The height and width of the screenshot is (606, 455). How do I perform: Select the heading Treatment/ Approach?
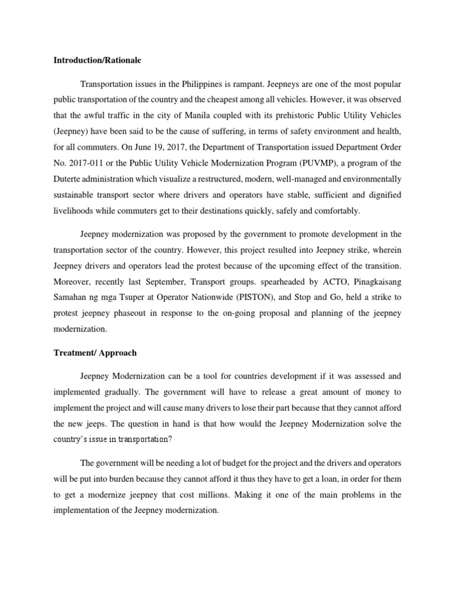coord(95,352)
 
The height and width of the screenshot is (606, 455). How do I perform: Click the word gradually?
coord(140,391)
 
